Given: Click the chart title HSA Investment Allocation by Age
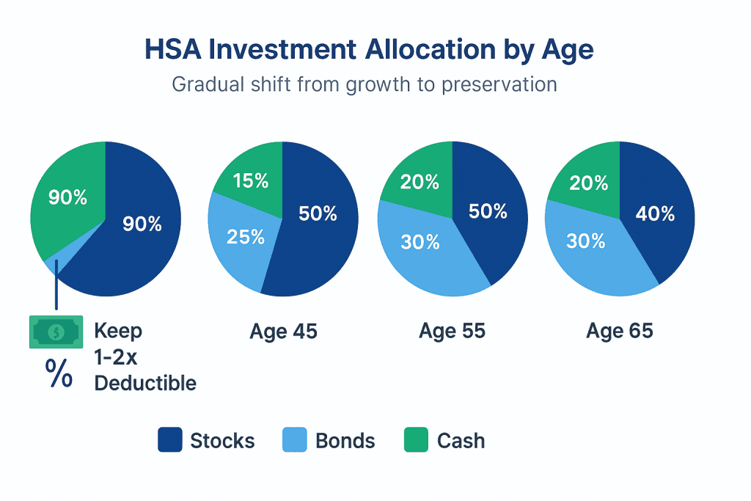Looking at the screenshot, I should (369, 50).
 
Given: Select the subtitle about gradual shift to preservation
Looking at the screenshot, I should (364, 84).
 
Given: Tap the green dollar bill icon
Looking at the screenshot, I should (55, 332).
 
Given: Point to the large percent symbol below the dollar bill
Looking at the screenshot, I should (59, 373).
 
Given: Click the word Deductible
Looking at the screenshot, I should (145, 383).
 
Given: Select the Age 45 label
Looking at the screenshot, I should (283, 332).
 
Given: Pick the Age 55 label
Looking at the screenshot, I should (452, 332).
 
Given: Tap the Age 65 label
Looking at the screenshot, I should (619, 332).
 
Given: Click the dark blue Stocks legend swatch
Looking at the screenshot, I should (169, 441).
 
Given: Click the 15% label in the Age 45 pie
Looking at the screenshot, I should (251, 181).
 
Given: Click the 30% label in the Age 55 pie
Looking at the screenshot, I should (420, 241).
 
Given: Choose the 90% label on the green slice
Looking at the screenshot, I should (67, 197).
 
